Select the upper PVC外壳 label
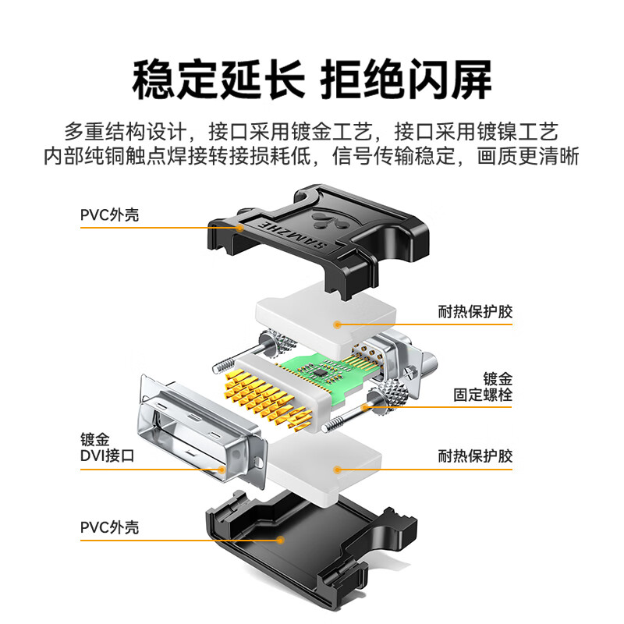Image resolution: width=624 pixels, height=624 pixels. click(x=109, y=214)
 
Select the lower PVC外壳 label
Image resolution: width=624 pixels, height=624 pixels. click(x=109, y=527)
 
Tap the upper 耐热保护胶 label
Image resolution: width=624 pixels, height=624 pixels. click(x=475, y=313)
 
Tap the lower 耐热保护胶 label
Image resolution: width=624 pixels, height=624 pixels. click(x=475, y=456)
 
